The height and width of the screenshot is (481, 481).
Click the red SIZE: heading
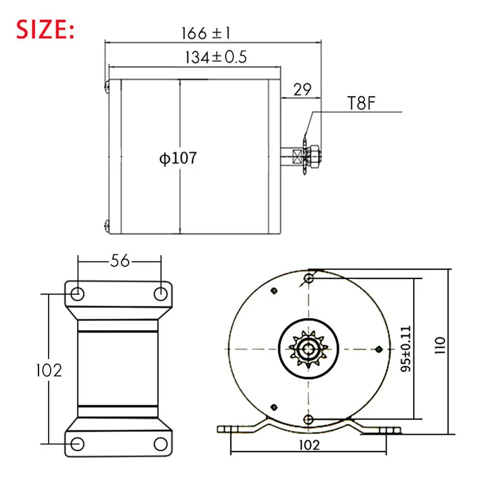(x=46, y=28)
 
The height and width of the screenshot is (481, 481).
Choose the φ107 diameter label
(x=178, y=158)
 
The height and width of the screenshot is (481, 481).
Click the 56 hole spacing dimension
(x=120, y=260)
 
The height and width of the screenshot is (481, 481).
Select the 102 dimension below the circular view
(x=308, y=446)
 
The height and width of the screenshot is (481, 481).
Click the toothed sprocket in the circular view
(x=308, y=350)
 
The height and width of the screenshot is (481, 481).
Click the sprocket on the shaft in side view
(x=307, y=157)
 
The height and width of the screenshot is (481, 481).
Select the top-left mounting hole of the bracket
(x=78, y=293)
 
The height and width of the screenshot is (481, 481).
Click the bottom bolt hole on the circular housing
(x=308, y=418)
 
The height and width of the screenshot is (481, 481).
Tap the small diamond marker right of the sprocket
(x=378, y=349)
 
